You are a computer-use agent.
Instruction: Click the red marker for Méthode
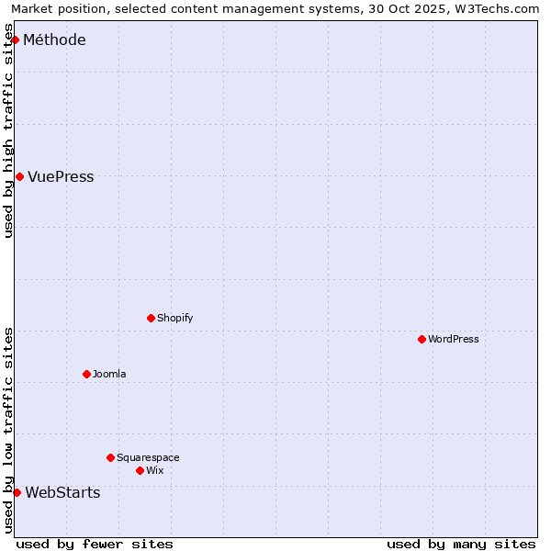(x=15, y=39)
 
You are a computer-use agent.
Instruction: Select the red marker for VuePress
(x=19, y=176)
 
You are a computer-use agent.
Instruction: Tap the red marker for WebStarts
(x=17, y=492)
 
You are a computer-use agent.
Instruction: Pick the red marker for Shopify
(x=151, y=318)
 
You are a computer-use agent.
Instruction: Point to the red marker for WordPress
(x=422, y=339)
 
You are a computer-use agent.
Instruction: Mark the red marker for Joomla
(x=86, y=374)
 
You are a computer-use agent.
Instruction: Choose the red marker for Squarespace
(x=110, y=457)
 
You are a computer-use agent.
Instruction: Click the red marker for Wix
(x=140, y=470)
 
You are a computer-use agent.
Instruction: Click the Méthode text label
(x=54, y=39)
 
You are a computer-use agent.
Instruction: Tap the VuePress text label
(x=61, y=176)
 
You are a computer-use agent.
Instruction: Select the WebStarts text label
(x=62, y=492)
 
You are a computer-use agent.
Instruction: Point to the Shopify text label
(x=174, y=318)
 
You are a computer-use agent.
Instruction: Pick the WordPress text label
(x=454, y=339)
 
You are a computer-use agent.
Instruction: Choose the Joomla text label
(x=109, y=374)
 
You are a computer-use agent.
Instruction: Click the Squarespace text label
(x=148, y=457)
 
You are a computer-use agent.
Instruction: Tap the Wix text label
(x=154, y=470)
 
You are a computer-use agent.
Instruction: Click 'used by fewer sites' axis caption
(x=95, y=544)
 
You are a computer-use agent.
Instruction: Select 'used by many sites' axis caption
(x=461, y=544)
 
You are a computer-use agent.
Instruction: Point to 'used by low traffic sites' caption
(x=8, y=430)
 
